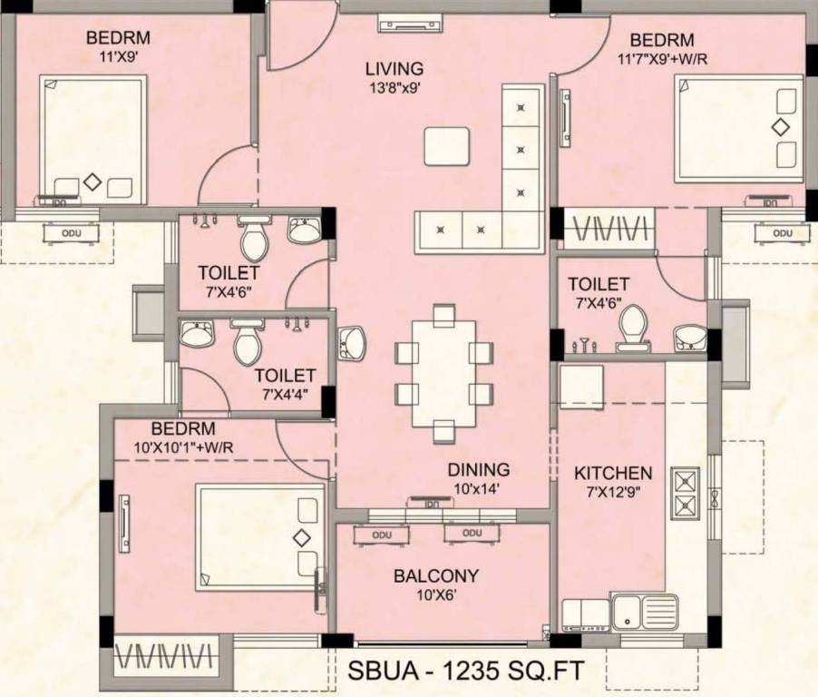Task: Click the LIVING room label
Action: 394,68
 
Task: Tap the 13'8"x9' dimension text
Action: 394,88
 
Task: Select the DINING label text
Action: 478,469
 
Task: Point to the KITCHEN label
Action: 613,473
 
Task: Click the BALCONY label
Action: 435,576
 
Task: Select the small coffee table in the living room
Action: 447,146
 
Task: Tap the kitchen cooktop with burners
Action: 685,494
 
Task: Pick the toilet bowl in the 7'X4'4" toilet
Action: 246,342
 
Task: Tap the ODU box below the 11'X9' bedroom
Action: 71,233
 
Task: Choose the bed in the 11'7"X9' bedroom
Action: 739,128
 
